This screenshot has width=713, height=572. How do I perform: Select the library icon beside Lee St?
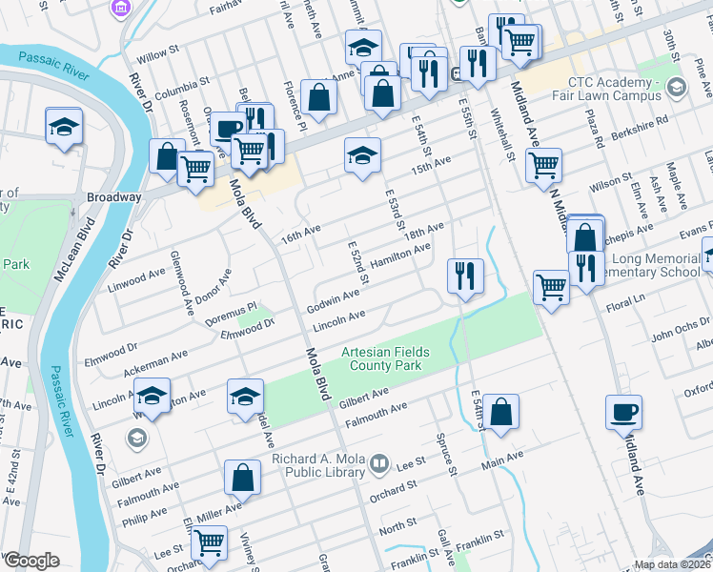click(x=379, y=464)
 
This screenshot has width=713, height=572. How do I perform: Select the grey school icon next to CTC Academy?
click(x=677, y=89)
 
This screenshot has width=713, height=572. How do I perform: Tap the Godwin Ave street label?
click(x=333, y=301)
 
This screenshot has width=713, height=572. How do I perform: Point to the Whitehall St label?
click(x=503, y=133)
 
